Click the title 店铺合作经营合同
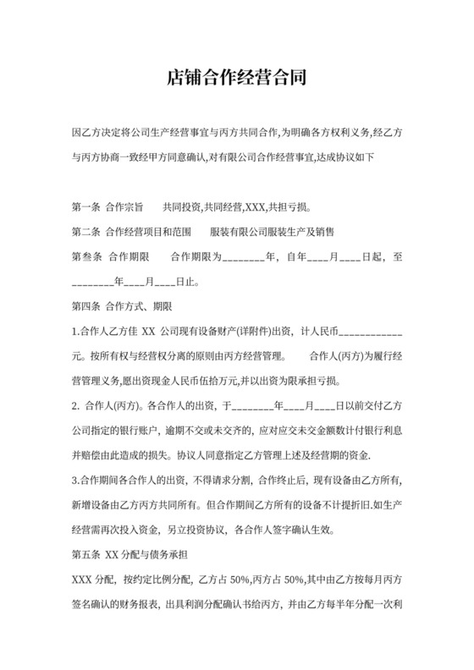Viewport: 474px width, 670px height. pos(236,79)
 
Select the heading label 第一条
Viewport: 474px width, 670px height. pos(87,206)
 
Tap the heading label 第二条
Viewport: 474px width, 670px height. pos(87,231)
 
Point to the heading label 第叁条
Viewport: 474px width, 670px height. pos(87,256)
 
